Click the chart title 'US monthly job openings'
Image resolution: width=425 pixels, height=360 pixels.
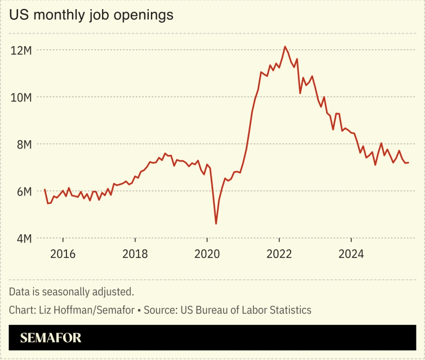[91, 15]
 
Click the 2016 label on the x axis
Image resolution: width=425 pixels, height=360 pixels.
[63, 254]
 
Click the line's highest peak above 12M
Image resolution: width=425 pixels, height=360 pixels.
[285, 47]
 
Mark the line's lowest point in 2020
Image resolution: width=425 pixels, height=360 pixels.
[216, 224]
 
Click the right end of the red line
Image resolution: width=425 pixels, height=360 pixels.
[408, 162]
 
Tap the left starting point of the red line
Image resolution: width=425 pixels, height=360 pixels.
[45, 189]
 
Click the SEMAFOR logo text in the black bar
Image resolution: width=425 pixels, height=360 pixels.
[51, 338]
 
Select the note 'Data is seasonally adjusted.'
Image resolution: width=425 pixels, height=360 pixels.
[71, 292]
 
